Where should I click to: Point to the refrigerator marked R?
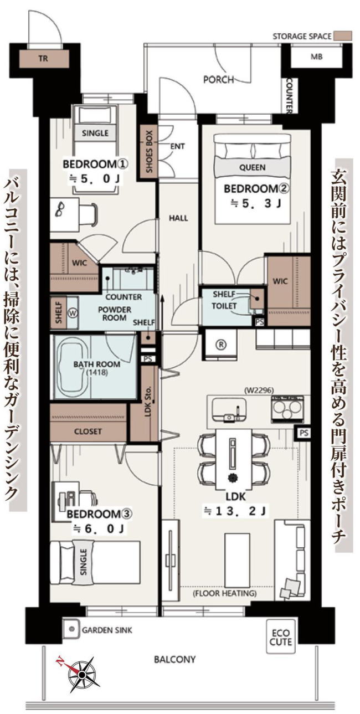(221, 345)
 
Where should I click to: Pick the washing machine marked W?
(73, 313)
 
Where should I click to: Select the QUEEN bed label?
(251, 167)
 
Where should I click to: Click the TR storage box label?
(43, 59)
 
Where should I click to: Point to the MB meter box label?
(316, 57)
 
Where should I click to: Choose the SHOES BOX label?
(149, 152)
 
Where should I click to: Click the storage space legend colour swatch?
(342, 35)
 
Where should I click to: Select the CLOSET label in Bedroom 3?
(88, 432)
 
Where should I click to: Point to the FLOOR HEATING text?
(225, 593)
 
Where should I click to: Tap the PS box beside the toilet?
(259, 322)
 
